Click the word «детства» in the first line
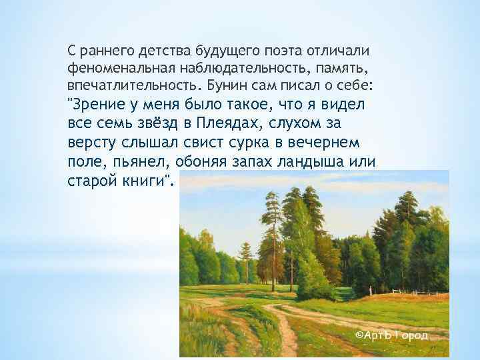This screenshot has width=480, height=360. point(166,51)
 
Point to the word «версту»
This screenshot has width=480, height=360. point(90,143)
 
